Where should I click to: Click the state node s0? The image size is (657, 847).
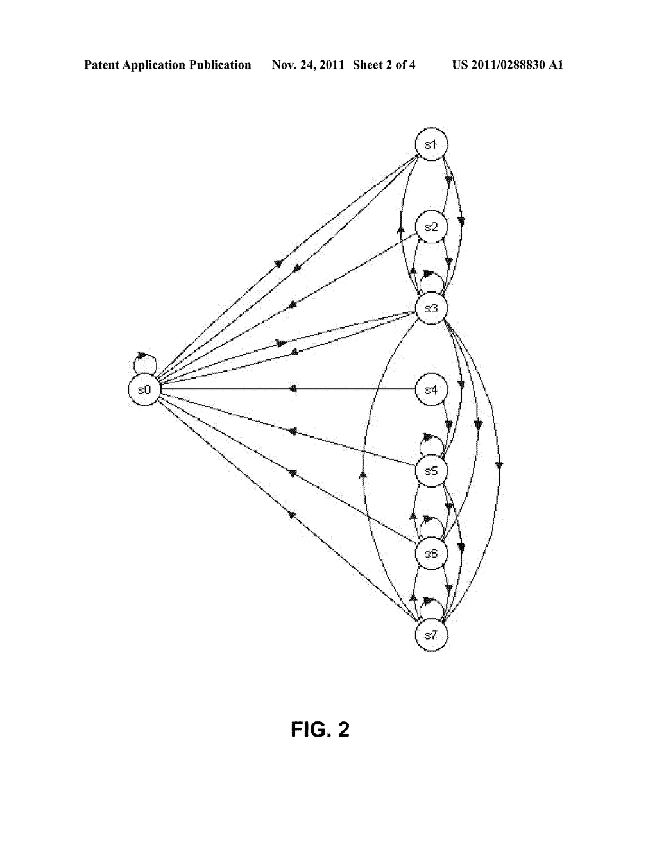tap(144, 389)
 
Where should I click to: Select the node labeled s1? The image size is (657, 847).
tap(431, 144)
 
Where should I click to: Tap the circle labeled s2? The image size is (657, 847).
tap(431, 227)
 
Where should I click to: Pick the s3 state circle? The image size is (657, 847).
tap(431, 308)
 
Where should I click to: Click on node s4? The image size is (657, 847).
tap(431, 389)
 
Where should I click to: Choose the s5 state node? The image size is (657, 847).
tap(431, 471)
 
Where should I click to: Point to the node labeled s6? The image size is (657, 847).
tap(431, 553)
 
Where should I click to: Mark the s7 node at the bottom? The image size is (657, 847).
tap(431, 635)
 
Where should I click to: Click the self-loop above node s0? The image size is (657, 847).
tap(145, 354)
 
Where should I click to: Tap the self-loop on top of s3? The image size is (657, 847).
tap(431, 273)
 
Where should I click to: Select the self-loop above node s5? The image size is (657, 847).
tap(431, 436)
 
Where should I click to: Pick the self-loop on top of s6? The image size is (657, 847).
tap(431, 518)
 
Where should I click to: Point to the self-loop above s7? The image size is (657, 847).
tap(431, 600)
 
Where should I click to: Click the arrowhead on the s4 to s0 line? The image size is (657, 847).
tap(293, 389)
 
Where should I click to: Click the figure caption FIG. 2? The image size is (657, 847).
tap(320, 730)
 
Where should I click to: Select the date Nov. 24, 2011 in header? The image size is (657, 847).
tap(307, 65)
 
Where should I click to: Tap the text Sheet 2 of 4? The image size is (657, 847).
tap(384, 65)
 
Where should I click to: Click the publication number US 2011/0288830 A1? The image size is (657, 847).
tap(508, 65)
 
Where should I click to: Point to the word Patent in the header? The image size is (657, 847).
tap(102, 65)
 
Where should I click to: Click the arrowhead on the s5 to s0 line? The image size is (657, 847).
tap(293, 431)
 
